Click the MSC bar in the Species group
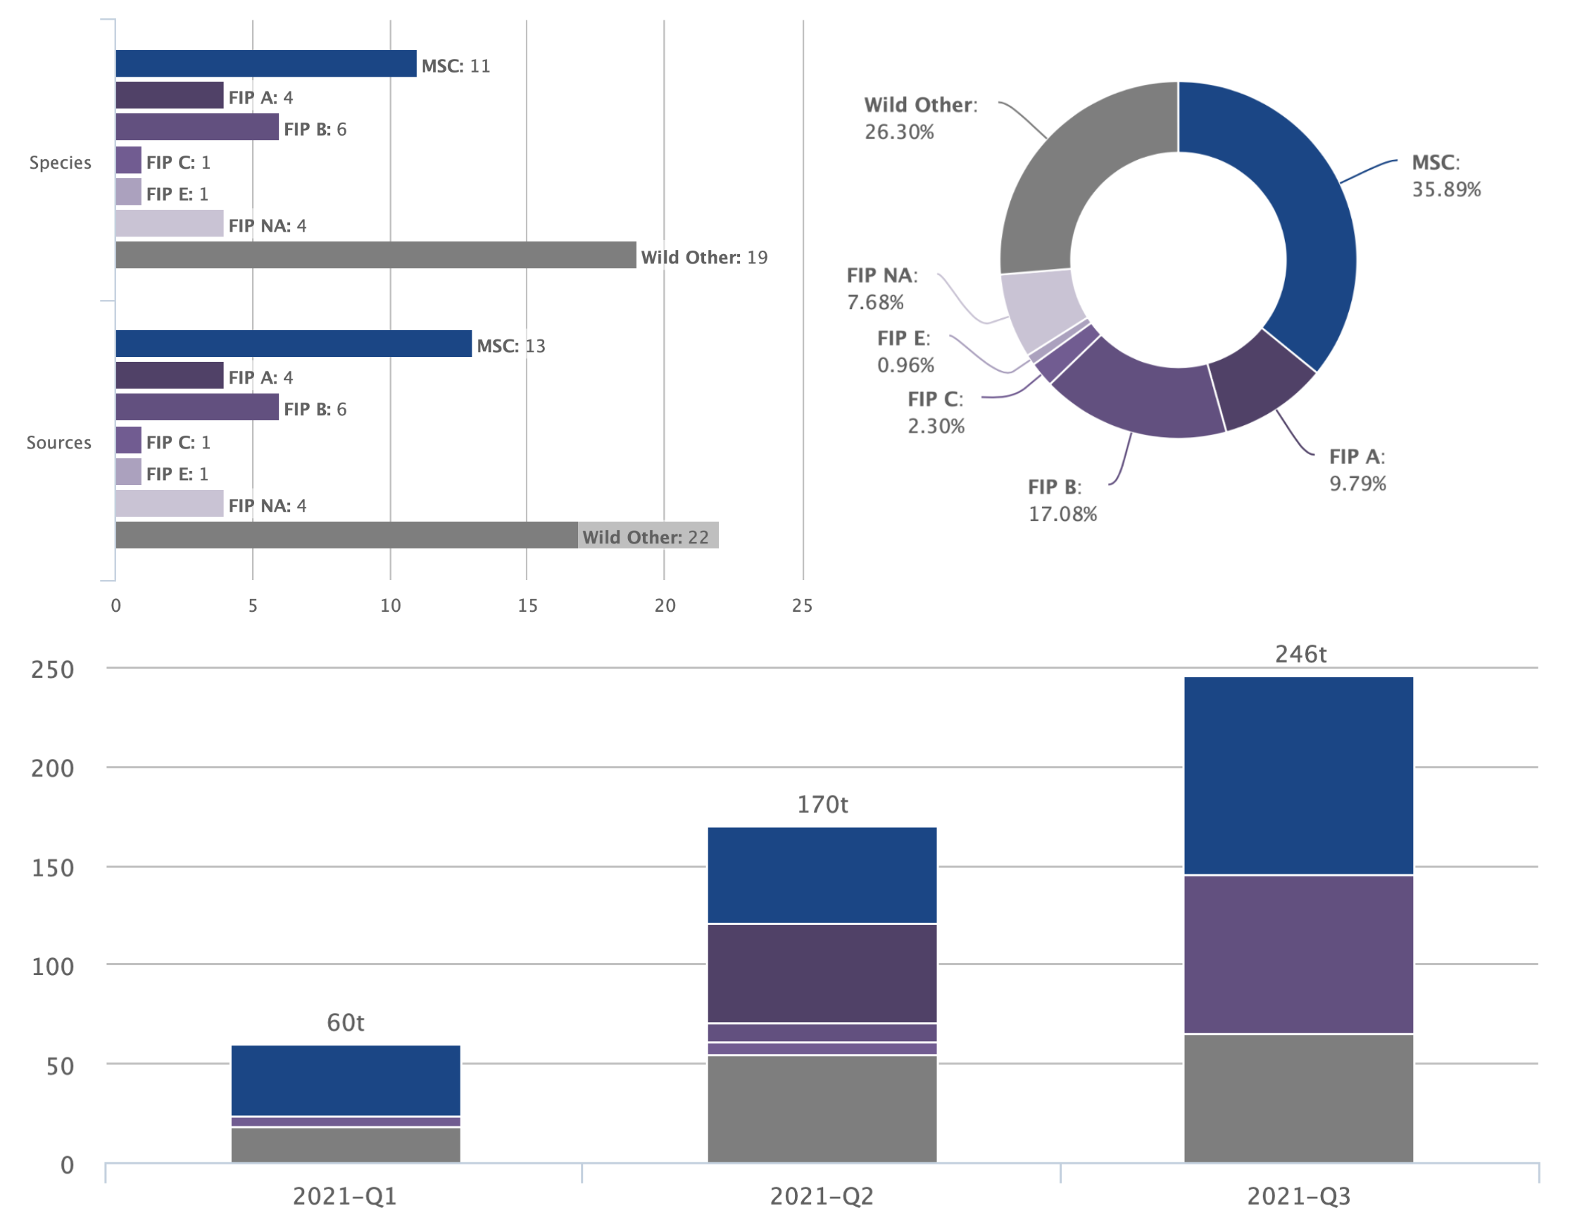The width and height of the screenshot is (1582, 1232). tap(266, 64)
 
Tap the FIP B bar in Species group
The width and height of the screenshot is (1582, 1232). tap(197, 127)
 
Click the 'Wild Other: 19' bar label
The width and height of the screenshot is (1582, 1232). tap(704, 257)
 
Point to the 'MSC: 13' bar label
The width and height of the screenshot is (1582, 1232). tap(510, 346)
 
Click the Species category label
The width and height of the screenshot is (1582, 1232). tap(60, 162)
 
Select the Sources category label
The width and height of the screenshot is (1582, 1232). tap(58, 443)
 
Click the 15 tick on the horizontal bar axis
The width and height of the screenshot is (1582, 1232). tap(527, 605)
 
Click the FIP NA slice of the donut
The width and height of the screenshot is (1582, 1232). tap(1039, 308)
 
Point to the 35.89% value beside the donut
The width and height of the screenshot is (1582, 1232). tap(1446, 190)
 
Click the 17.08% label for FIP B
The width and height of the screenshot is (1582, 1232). tap(1062, 514)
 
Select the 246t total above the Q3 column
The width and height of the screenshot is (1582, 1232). tap(1300, 654)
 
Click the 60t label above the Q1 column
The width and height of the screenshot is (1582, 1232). tap(346, 1023)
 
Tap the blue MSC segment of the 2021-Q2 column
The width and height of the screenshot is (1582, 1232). tap(822, 875)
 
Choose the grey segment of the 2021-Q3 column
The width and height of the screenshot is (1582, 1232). tap(1298, 1098)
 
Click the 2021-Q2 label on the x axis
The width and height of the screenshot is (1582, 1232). tap(822, 1197)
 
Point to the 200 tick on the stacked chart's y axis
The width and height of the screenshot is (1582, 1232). tap(52, 769)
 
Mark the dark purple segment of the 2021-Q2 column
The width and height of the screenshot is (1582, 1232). tap(822, 974)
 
